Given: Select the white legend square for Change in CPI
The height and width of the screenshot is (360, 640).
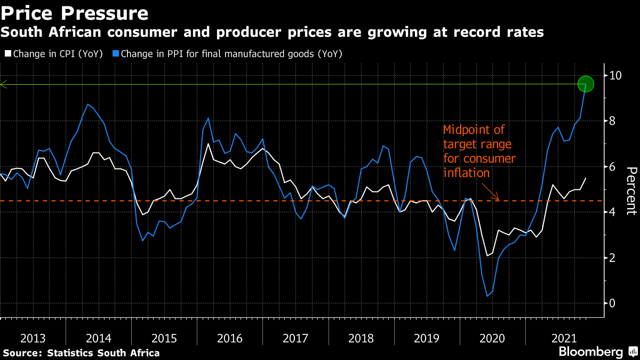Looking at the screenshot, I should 7,54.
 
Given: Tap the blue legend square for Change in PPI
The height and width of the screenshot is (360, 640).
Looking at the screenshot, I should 115,54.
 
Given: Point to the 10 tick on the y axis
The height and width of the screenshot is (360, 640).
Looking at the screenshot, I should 616,75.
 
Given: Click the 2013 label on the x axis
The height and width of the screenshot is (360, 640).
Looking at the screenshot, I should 33,338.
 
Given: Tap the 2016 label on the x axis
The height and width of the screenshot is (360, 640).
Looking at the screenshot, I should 230,338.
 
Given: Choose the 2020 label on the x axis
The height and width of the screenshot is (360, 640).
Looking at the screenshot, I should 492,338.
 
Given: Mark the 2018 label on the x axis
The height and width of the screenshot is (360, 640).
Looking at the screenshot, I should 361,338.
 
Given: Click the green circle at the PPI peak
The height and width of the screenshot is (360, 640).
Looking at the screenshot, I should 586,84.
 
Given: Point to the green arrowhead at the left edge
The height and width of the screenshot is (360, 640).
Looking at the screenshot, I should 3,84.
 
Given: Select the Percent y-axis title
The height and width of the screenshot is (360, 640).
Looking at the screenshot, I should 631,190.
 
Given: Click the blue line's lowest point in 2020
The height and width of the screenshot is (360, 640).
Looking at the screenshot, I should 487,296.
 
